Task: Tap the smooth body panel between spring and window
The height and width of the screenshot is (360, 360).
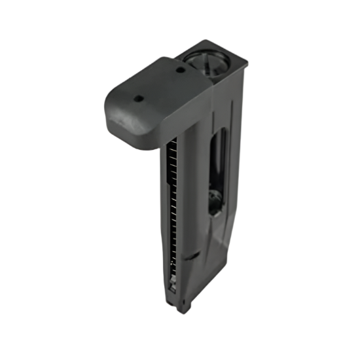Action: pos(194,196)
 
